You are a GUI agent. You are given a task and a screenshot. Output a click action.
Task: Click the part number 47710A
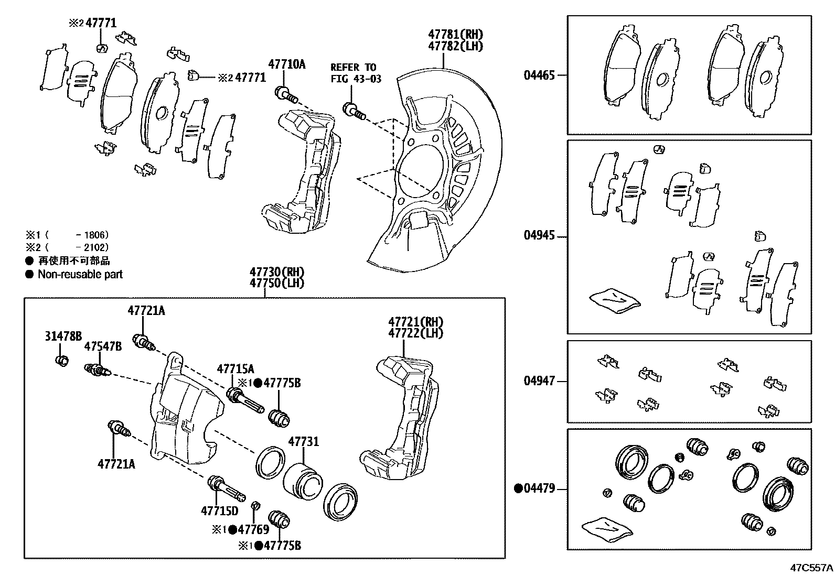coord(286,64)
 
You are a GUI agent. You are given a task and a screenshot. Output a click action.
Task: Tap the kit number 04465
coord(539,75)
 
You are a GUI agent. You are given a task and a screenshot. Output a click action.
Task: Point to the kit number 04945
coord(539,235)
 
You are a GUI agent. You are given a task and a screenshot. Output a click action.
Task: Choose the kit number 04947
coord(539,381)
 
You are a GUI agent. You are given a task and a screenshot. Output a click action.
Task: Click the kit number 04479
coord(539,488)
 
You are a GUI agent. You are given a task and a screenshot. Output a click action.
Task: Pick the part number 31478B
coord(63,336)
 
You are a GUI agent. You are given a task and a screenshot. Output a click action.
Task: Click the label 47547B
coord(103,346)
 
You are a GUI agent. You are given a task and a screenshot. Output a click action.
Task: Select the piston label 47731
coord(303,442)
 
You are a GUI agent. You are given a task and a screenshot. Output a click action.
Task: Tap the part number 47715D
coord(219,510)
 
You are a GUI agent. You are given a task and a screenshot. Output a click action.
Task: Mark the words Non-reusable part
coord(80,274)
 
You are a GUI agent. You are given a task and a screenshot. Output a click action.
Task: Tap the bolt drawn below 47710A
coord(286,96)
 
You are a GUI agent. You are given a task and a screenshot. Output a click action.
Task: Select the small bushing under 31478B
coord(62,361)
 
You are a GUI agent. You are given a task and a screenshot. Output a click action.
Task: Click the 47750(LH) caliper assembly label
coord(277,283)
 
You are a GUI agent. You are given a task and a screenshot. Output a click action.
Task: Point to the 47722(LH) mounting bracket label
coord(415,333)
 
